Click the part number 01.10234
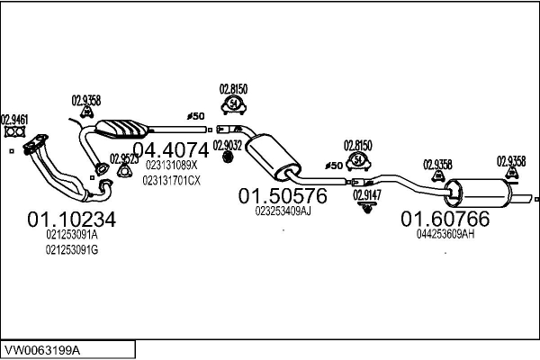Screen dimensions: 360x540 click(x=72, y=218)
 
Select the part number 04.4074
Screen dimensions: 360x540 click(x=170, y=149)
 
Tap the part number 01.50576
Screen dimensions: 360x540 click(x=283, y=195)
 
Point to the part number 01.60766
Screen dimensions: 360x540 click(x=445, y=218)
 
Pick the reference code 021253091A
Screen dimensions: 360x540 click(x=71, y=235)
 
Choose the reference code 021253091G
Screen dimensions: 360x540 click(x=71, y=249)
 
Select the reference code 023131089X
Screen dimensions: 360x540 click(x=170, y=166)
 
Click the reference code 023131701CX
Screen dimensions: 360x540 click(x=172, y=180)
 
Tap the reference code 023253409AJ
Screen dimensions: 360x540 click(x=283, y=211)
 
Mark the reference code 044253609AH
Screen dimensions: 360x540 click(x=445, y=234)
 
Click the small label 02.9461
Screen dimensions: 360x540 click(x=13, y=118)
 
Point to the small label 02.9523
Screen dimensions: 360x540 click(x=123, y=158)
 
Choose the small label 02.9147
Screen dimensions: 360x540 click(x=366, y=193)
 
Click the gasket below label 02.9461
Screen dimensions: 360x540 click(x=13, y=133)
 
